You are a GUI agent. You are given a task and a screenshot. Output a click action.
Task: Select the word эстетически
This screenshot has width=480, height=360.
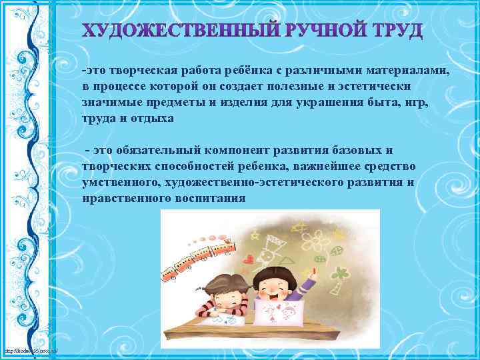[x=377, y=87]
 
